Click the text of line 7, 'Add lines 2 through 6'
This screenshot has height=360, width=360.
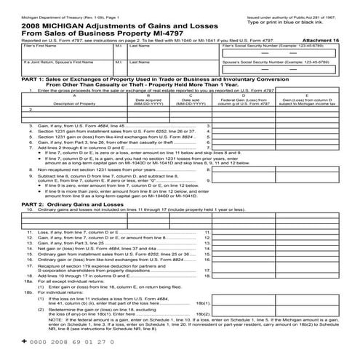point(87,146)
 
